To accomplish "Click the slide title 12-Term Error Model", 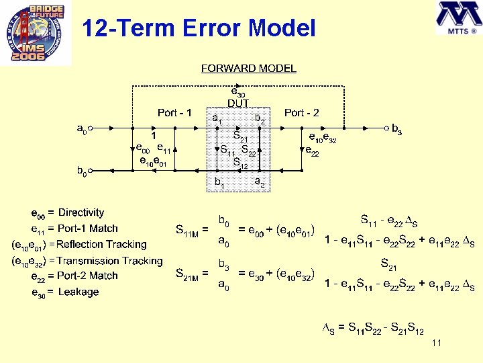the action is click(198, 28).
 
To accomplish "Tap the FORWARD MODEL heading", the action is click(248, 69).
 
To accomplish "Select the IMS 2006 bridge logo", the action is click(36, 34).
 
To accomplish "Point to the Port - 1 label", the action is click(174, 112).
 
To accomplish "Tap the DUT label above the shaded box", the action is click(238, 103).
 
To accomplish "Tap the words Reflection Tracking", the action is click(101, 245).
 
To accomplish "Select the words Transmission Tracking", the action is click(109, 261).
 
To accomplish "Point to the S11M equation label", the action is click(192, 231).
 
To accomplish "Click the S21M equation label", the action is click(192, 274).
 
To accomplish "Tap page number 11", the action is click(437, 344).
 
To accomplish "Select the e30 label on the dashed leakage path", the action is click(238, 91).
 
